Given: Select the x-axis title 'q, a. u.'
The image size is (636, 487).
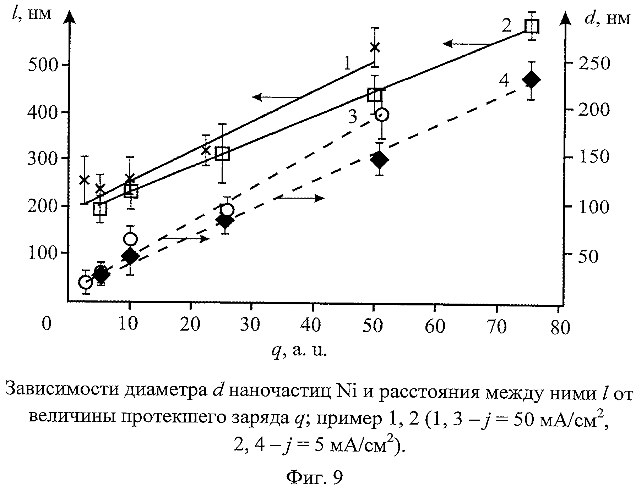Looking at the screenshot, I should [299, 350].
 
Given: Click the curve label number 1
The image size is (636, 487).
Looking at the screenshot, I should [347, 64].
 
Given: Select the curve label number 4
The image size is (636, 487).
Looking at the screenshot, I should [504, 81].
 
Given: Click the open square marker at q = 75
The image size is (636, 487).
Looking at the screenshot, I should [532, 27].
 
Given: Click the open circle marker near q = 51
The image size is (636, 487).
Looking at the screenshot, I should [382, 115].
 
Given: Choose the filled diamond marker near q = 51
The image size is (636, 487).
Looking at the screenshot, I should [380, 160].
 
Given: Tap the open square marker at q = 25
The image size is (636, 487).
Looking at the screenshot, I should [222, 154].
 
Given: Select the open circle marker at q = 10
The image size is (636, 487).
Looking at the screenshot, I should [130, 239].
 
